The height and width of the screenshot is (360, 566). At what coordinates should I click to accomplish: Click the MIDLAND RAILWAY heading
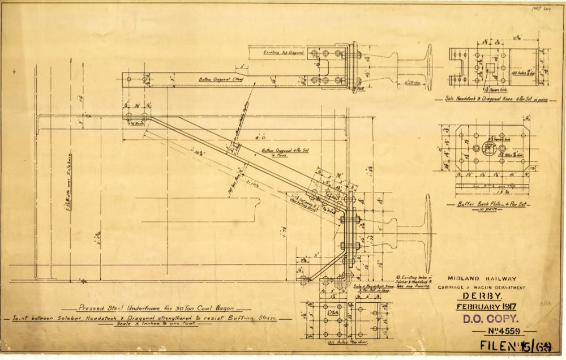482,278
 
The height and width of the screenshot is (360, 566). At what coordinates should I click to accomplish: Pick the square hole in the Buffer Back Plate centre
487,149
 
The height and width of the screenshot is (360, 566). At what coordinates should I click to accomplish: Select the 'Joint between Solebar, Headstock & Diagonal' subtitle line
149,319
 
